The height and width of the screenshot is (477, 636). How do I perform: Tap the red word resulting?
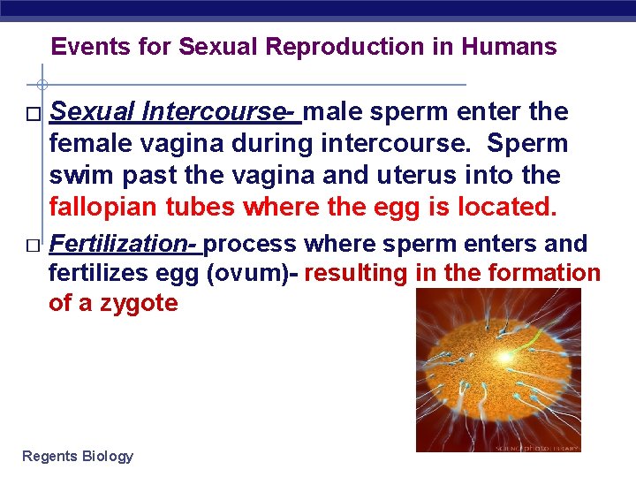tap(356, 274)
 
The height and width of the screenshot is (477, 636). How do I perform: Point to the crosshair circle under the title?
tap(42, 85)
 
